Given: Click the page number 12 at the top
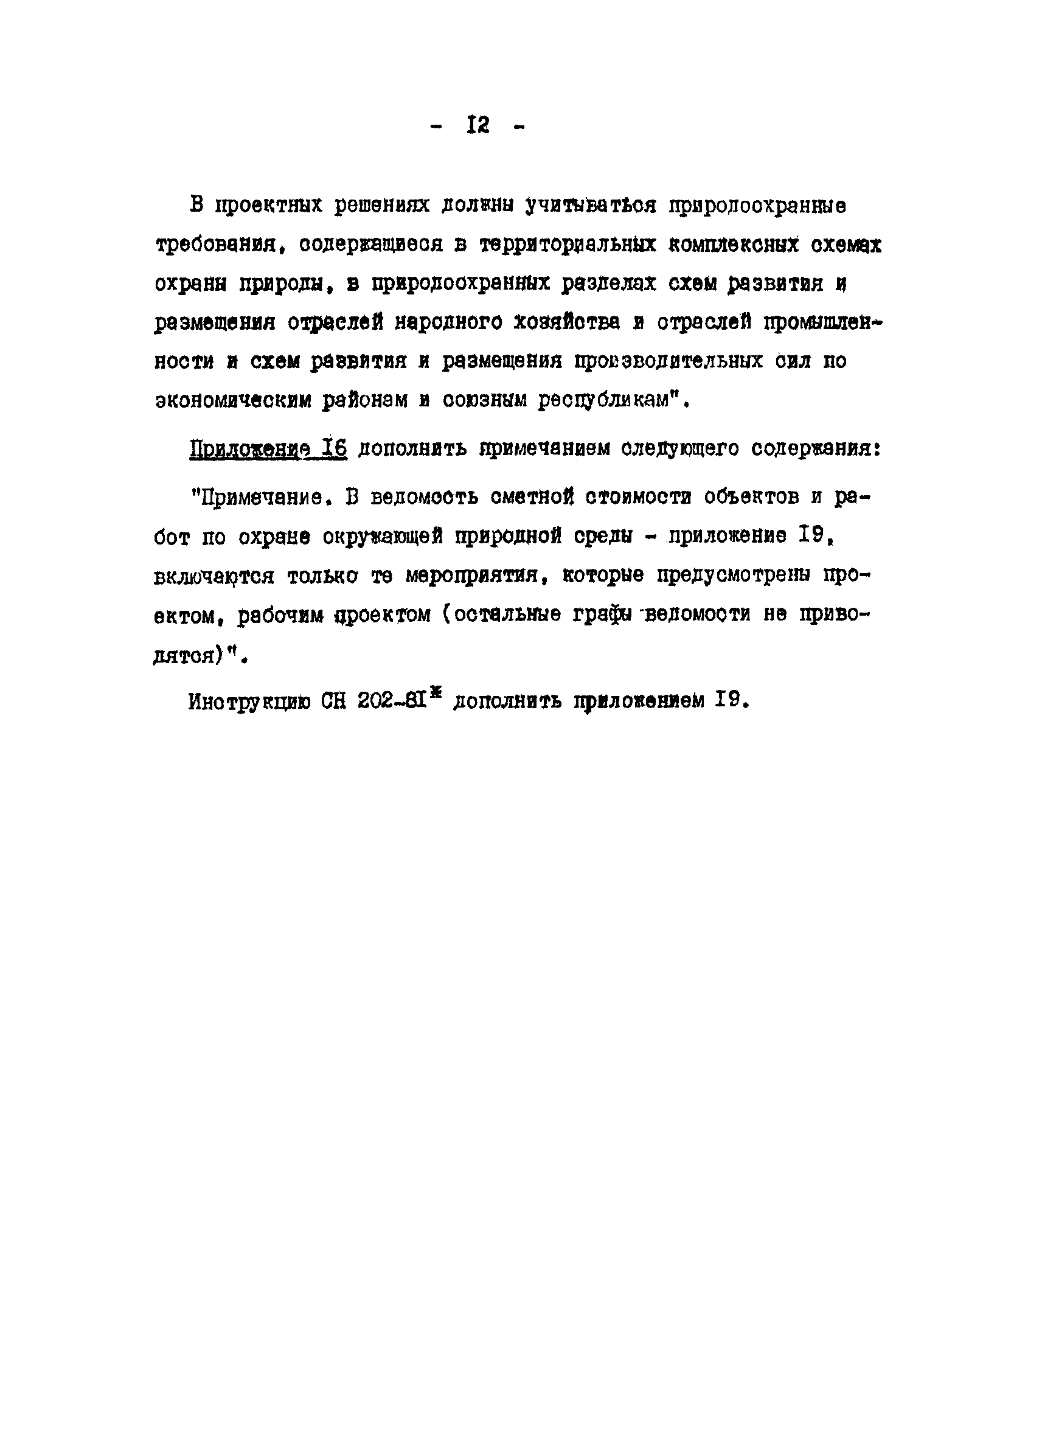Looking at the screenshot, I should [x=478, y=125].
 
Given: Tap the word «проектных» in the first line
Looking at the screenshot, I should [x=269, y=205].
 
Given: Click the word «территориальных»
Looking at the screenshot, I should [x=568, y=245].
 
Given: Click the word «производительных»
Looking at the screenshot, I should [x=669, y=361].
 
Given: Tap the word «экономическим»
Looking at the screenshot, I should [x=233, y=400].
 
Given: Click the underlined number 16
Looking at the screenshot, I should [x=334, y=448].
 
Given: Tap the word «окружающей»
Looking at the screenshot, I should [x=383, y=536].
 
